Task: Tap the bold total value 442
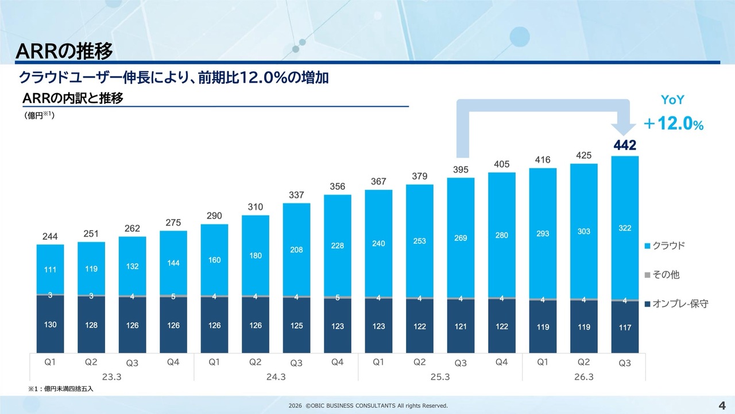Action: click(x=625, y=145)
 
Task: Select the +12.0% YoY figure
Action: click(x=673, y=124)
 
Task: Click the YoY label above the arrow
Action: click(x=672, y=100)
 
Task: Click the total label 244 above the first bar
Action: click(x=51, y=236)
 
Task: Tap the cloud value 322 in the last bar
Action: click(x=625, y=228)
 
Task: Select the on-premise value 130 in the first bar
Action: click(x=51, y=325)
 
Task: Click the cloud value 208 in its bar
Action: click(x=296, y=250)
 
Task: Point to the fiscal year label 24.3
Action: click(x=276, y=377)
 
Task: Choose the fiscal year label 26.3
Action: click(x=584, y=377)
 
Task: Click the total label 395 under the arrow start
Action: click(x=461, y=170)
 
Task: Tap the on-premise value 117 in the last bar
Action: click(x=625, y=327)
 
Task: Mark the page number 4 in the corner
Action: click(x=721, y=404)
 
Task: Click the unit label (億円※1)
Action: click(x=39, y=116)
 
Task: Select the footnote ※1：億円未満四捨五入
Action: click(x=61, y=389)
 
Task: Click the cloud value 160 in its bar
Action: click(x=214, y=260)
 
